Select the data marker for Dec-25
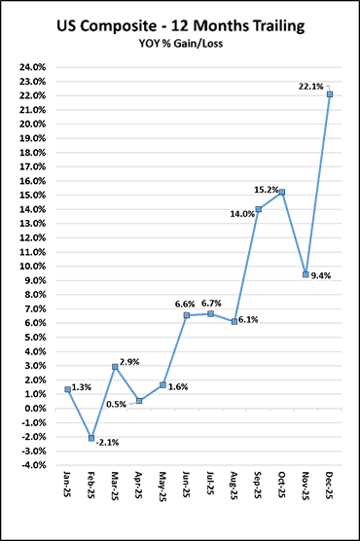point(330,94)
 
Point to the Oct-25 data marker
point(282,192)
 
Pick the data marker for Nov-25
point(306,274)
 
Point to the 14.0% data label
point(241,214)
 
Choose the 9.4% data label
point(323,275)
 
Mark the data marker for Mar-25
point(116,367)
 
